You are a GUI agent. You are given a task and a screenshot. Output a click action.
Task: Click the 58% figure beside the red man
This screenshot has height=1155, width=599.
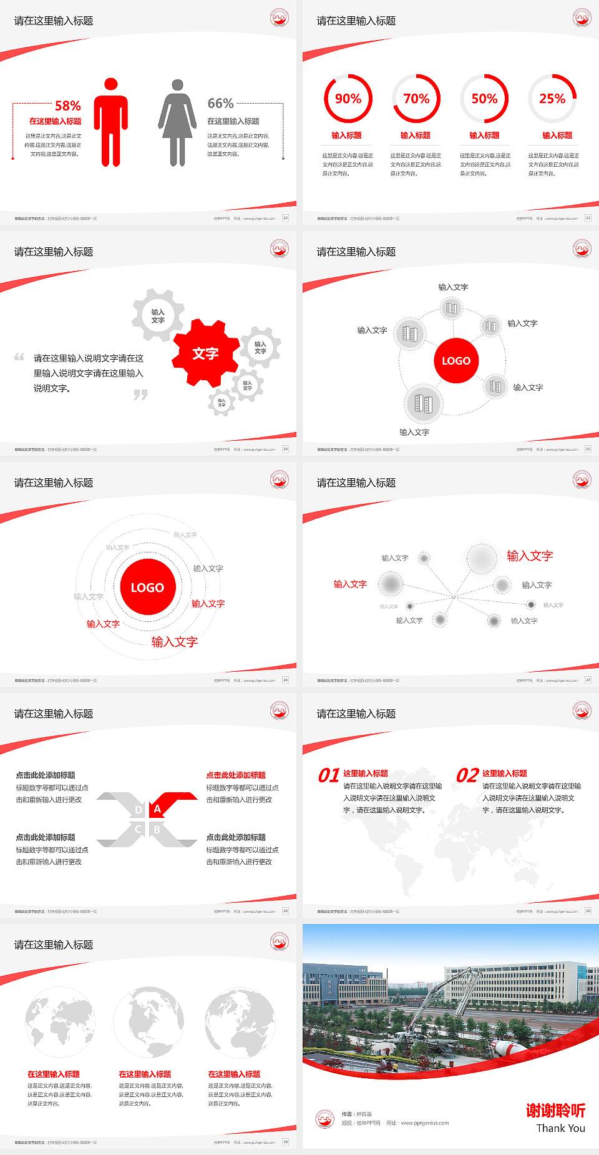pos(67,106)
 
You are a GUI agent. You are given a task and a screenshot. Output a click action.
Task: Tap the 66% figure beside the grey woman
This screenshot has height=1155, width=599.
pos(220,103)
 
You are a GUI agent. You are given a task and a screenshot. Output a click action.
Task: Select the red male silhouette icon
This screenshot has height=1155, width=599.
pos(111,122)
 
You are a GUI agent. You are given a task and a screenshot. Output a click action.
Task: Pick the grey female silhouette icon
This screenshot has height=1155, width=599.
pos(177,123)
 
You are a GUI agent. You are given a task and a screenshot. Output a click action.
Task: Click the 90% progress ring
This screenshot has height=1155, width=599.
pos(348,99)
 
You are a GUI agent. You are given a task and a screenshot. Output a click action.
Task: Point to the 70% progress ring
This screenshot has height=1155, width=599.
pos(416,99)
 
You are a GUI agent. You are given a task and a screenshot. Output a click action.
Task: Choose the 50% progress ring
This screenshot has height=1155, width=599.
pos(484,99)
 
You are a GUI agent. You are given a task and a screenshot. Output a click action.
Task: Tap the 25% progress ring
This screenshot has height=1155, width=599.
pos(552,99)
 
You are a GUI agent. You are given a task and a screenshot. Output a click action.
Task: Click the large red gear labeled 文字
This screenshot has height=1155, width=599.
pos(205,353)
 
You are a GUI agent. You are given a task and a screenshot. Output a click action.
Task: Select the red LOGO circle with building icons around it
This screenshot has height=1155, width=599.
pos(456,361)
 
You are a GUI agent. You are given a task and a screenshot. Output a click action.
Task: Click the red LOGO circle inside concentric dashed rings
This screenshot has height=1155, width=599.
pos(147,587)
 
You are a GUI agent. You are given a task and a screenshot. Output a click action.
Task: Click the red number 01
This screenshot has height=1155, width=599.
pos(329,775)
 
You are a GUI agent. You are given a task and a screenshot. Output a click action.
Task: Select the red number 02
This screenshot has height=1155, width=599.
pos(467,775)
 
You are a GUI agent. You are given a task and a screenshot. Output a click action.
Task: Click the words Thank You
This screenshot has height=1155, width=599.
pos(560,1128)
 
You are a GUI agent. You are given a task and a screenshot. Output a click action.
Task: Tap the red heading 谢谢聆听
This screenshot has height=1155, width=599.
pos(555,1110)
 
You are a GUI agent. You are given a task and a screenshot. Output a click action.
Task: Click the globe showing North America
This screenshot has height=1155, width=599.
pos(149,1022)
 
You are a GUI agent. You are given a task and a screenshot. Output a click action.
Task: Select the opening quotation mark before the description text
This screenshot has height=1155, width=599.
pos(19,357)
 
